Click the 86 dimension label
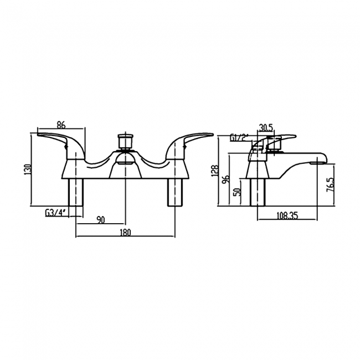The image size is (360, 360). [61, 125]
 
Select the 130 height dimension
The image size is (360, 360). [28, 170]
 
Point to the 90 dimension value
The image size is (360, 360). [101, 220]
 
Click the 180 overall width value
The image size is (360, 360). [125, 233]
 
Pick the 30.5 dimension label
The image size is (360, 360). [266, 127]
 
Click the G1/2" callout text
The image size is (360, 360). [239, 138]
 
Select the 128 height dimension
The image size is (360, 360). [215, 171]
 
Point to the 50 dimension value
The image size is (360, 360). [238, 192]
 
